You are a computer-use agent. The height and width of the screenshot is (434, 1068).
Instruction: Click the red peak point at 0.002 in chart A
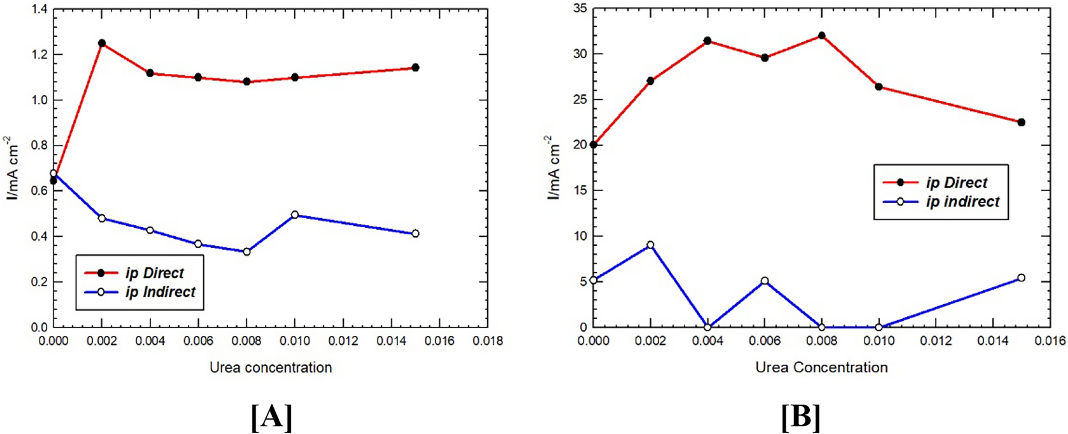(102, 43)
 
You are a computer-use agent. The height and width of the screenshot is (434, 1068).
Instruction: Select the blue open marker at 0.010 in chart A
(295, 215)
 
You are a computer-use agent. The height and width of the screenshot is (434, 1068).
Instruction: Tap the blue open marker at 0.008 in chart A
(247, 252)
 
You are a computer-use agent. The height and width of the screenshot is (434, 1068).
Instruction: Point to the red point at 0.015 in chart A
(415, 68)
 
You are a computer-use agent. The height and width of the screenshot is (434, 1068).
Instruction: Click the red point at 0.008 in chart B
(822, 36)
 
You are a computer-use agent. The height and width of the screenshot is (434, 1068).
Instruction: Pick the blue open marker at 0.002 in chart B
(650, 245)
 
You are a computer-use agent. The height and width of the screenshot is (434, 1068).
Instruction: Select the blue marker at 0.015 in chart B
(1021, 278)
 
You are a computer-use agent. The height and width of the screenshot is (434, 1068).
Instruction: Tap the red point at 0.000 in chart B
(594, 145)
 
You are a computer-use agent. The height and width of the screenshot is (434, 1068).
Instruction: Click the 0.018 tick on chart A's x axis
(488, 341)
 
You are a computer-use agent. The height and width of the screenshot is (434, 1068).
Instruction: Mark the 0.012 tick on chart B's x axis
(936, 341)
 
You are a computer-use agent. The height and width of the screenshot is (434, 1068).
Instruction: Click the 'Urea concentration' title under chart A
(271, 367)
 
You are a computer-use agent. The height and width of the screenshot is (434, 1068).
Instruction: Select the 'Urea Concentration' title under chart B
(822, 367)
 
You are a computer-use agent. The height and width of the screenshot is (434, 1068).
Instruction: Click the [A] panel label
(272, 416)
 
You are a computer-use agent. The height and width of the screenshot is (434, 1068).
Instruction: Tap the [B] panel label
(801, 416)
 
